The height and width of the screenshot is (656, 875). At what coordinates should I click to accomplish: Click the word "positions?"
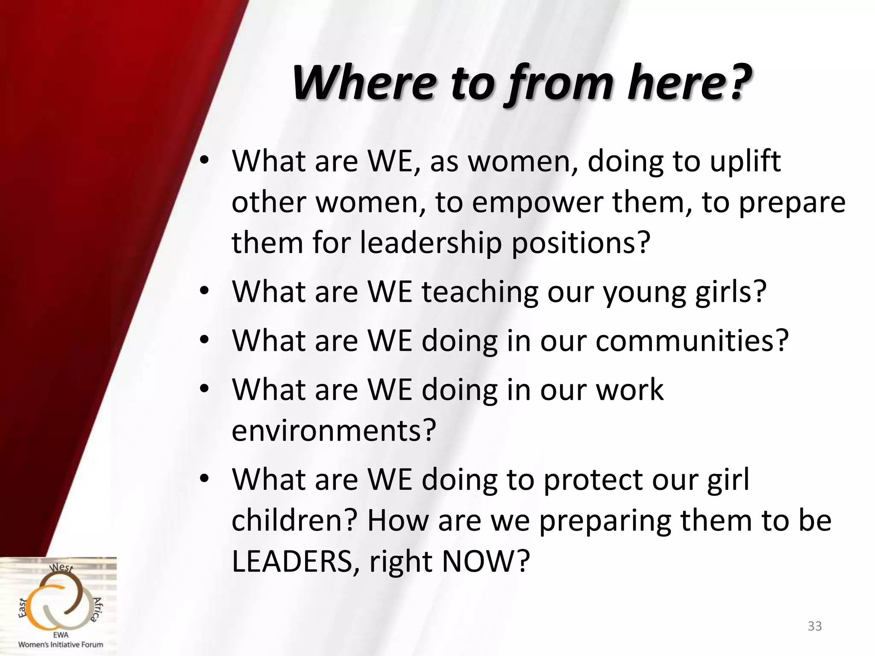tap(581, 243)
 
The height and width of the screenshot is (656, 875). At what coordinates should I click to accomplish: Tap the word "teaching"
tap(480, 292)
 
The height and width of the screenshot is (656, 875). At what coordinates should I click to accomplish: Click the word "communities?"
tap(692, 341)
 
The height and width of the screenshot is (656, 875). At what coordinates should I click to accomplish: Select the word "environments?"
tap(334, 430)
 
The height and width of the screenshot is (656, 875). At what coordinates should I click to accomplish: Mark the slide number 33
tap(815, 626)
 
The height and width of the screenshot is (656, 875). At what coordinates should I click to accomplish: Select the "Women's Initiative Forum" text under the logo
tap(61, 644)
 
